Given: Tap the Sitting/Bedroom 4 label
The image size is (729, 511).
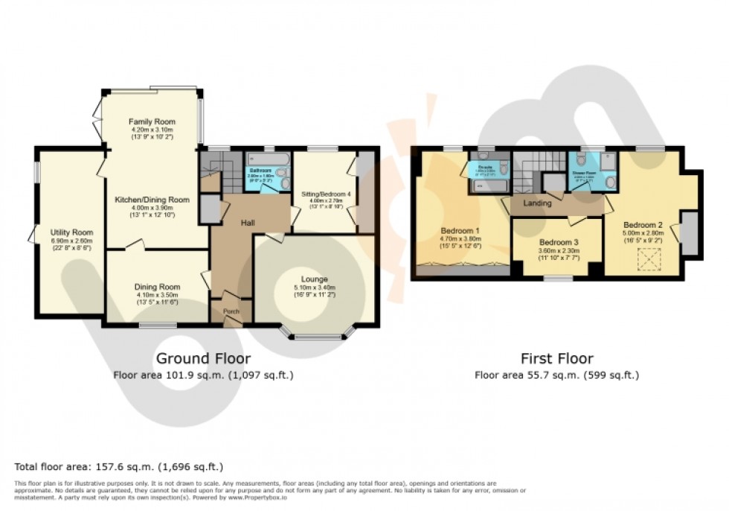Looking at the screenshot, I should pos(324,194).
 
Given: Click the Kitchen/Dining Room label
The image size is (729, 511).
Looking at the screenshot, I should pos(151,200).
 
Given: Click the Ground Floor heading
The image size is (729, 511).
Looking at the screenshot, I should pos(203,358).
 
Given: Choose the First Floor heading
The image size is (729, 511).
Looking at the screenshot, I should pos(556,358).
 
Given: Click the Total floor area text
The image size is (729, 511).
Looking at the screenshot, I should pos(119,467).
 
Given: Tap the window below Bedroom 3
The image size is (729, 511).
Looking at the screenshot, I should pos(557,279).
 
